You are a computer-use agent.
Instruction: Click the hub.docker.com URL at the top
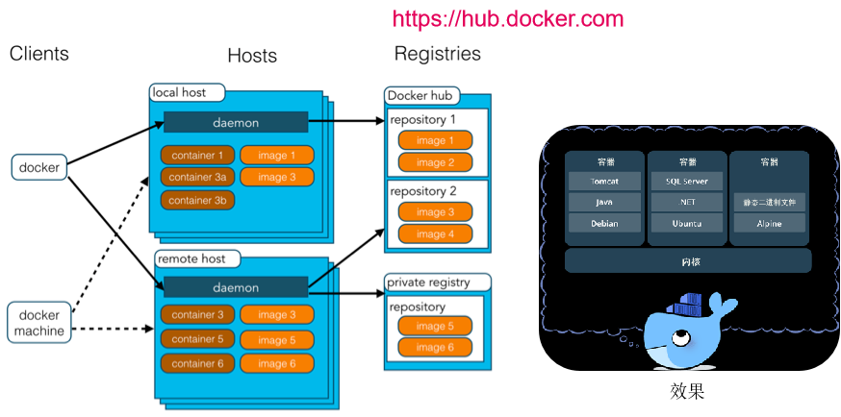(508, 19)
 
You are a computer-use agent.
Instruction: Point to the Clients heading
(39, 54)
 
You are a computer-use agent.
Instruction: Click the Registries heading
(438, 54)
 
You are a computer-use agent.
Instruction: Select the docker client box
(39, 168)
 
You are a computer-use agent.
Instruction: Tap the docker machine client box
(39, 324)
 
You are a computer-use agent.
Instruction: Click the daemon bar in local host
(235, 123)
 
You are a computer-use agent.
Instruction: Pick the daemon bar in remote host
(235, 287)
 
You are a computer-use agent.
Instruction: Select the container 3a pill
(198, 177)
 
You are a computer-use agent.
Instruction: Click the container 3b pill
(198, 201)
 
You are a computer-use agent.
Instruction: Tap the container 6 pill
(198, 363)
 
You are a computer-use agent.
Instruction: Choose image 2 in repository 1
(435, 162)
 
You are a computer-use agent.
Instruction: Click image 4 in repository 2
(435, 234)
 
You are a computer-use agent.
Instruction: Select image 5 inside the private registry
(435, 326)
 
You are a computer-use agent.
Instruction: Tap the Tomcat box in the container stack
(603, 181)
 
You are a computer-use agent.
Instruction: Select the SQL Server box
(686, 181)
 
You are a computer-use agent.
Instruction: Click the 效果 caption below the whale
(688, 392)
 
